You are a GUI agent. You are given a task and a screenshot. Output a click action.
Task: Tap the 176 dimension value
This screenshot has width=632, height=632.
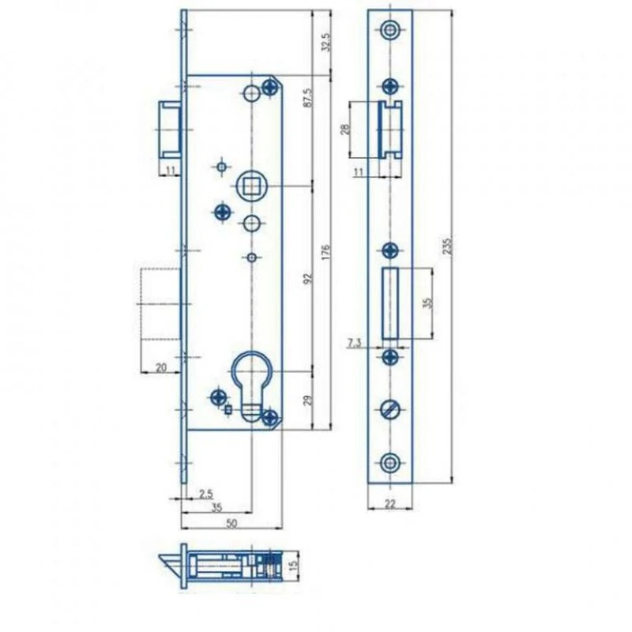325,251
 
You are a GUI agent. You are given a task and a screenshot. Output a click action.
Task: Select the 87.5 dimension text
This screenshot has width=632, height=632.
307,97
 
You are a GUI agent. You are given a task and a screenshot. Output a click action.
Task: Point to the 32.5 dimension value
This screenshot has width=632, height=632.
325,43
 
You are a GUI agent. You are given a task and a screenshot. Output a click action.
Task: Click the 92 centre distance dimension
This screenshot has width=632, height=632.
308,278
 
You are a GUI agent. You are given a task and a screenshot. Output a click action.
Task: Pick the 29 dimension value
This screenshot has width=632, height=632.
308,401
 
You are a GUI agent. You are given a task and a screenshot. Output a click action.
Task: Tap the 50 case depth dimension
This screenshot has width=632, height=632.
231,523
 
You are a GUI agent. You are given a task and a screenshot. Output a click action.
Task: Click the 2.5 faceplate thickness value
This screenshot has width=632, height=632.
206,494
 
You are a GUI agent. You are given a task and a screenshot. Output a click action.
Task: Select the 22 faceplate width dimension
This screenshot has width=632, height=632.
390,503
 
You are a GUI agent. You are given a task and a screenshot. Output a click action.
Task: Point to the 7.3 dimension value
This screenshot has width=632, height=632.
354,343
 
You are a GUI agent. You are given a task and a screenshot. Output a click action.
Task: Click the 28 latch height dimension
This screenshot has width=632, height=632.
345,130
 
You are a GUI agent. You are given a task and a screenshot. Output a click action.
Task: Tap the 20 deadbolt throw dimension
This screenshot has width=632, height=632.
161,367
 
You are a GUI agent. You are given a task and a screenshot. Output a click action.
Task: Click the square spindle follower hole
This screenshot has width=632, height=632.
251,186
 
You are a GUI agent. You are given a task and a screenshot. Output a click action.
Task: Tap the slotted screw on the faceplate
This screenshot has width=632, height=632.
390,410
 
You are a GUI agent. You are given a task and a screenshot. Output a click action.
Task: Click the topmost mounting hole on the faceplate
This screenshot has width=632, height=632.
389,30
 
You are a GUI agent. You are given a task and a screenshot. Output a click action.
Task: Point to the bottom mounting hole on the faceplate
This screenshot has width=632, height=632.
389,463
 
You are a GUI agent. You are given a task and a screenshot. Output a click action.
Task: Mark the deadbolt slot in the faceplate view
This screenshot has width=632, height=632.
389,303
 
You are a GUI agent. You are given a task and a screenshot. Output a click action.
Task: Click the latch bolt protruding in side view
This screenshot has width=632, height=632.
171,130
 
